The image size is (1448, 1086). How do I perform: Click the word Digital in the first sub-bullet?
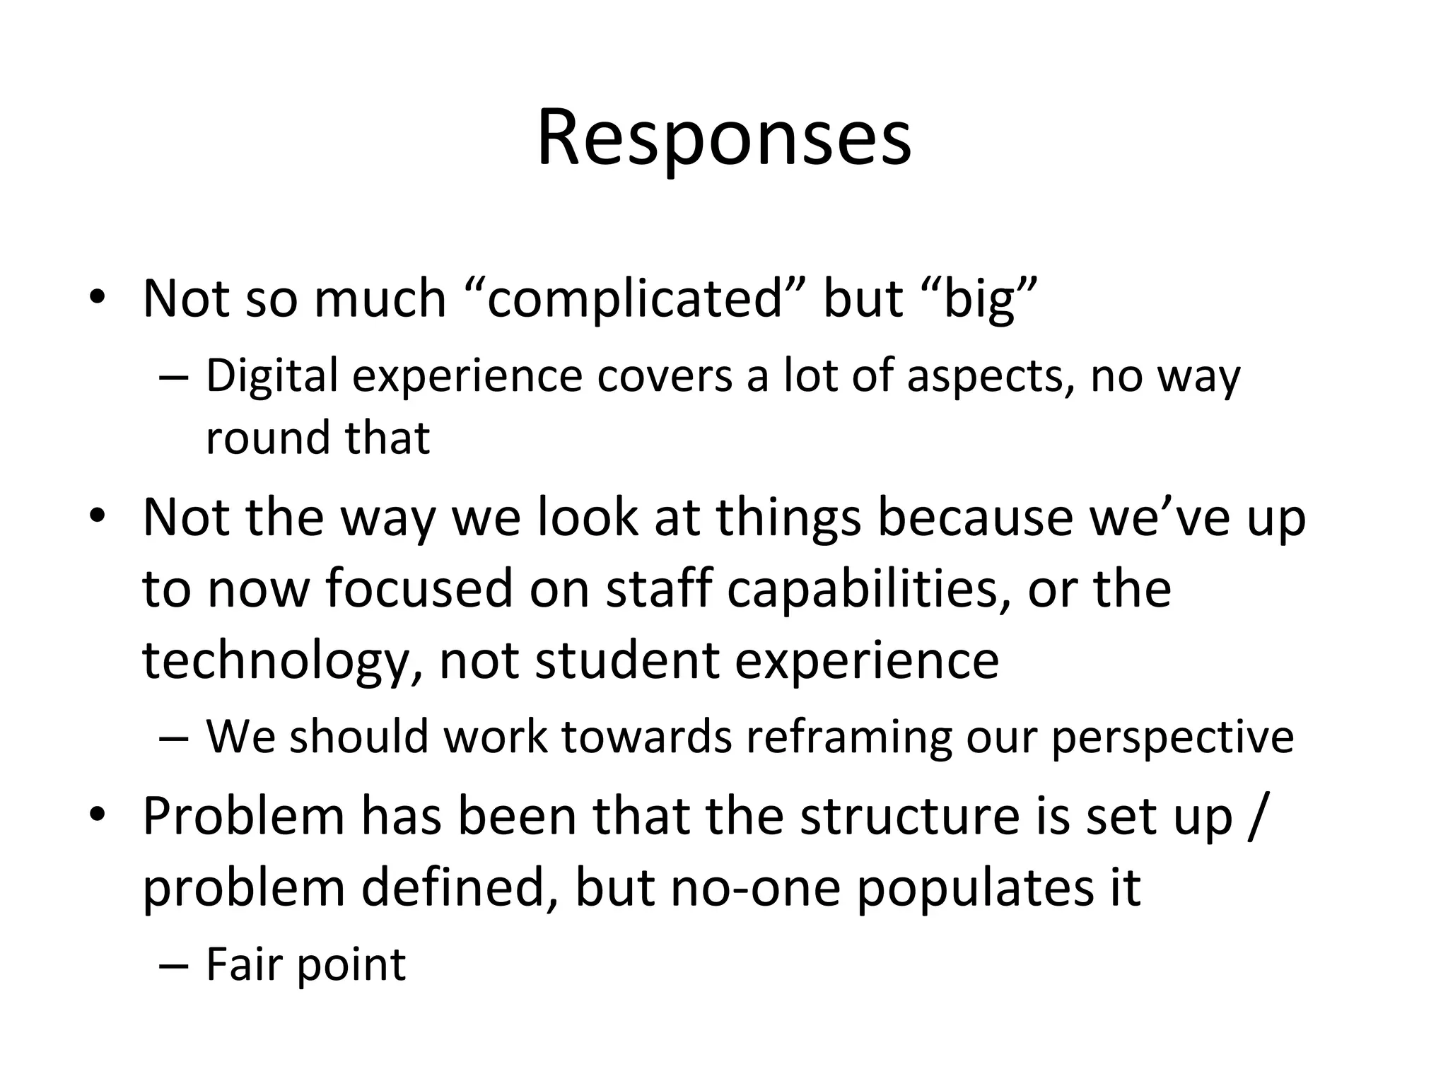[271, 376]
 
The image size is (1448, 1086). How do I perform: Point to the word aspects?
[986, 376]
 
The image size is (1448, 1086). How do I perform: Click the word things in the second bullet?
[789, 518]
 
